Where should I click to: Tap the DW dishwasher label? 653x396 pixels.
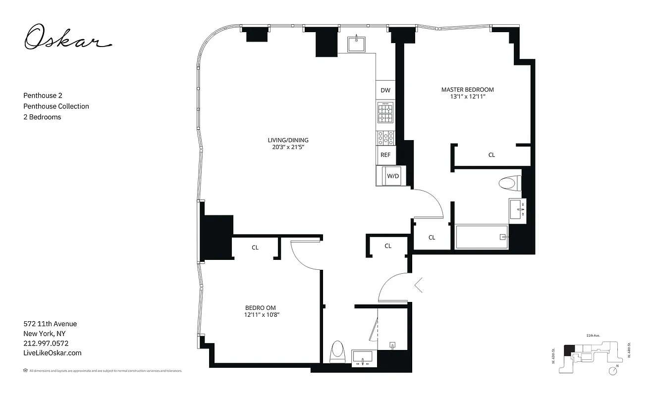coord(385,91)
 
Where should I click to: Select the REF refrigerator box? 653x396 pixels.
coord(385,155)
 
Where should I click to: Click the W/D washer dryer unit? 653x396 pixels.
coord(392,176)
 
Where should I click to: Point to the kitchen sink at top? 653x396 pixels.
coord(357,44)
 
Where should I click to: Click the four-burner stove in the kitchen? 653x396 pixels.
coord(385,114)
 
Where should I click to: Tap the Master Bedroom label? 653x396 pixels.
coord(467,90)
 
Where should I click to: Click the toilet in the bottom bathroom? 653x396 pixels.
coord(337,352)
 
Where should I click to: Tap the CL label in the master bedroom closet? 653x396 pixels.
coord(491,155)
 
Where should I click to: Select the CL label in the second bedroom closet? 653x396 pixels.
coord(255,247)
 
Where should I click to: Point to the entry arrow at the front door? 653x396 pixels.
coord(418,285)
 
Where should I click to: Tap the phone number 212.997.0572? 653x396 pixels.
coord(46,343)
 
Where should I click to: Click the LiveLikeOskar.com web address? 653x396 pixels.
coord(53,353)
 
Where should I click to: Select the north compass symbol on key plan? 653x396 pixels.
coord(613,370)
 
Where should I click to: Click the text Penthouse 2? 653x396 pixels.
coord(43,95)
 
